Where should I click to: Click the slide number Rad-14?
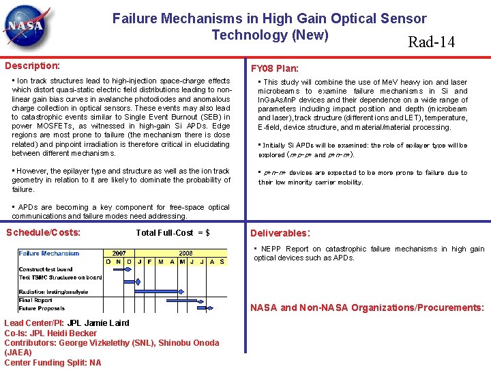[x=431, y=42]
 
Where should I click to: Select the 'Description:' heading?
[x=33, y=66]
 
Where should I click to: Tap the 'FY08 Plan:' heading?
[x=274, y=68]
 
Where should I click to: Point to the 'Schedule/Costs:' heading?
[x=43, y=232]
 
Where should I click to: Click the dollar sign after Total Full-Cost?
[x=207, y=233]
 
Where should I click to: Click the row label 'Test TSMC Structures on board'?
[x=60, y=277]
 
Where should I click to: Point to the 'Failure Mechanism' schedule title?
[x=49, y=253]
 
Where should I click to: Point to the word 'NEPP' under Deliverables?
[x=271, y=249]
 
